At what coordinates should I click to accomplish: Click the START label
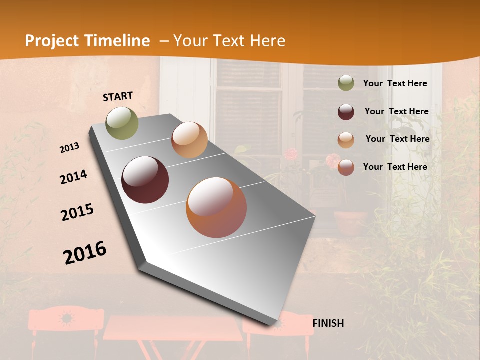(x=118, y=96)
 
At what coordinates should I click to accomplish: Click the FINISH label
(x=328, y=323)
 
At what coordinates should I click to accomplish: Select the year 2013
(x=70, y=148)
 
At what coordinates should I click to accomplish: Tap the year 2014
(x=73, y=177)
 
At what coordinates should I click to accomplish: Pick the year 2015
(x=77, y=212)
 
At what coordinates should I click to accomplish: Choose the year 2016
(x=85, y=252)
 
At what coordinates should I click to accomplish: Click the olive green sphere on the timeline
(x=122, y=123)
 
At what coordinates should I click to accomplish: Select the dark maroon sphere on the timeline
(x=145, y=180)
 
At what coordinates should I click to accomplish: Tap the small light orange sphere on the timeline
(x=189, y=140)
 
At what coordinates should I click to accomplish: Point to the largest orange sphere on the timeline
(x=216, y=207)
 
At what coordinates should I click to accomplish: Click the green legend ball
(x=346, y=83)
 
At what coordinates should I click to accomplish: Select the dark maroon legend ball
(x=346, y=112)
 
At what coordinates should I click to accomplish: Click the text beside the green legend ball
(x=395, y=84)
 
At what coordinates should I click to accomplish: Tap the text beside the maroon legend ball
(x=396, y=112)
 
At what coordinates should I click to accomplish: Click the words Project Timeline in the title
(x=87, y=41)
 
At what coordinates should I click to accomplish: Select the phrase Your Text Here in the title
(x=229, y=41)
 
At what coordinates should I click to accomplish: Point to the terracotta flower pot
(x=350, y=222)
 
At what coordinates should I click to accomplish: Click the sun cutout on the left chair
(x=65, y=318)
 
